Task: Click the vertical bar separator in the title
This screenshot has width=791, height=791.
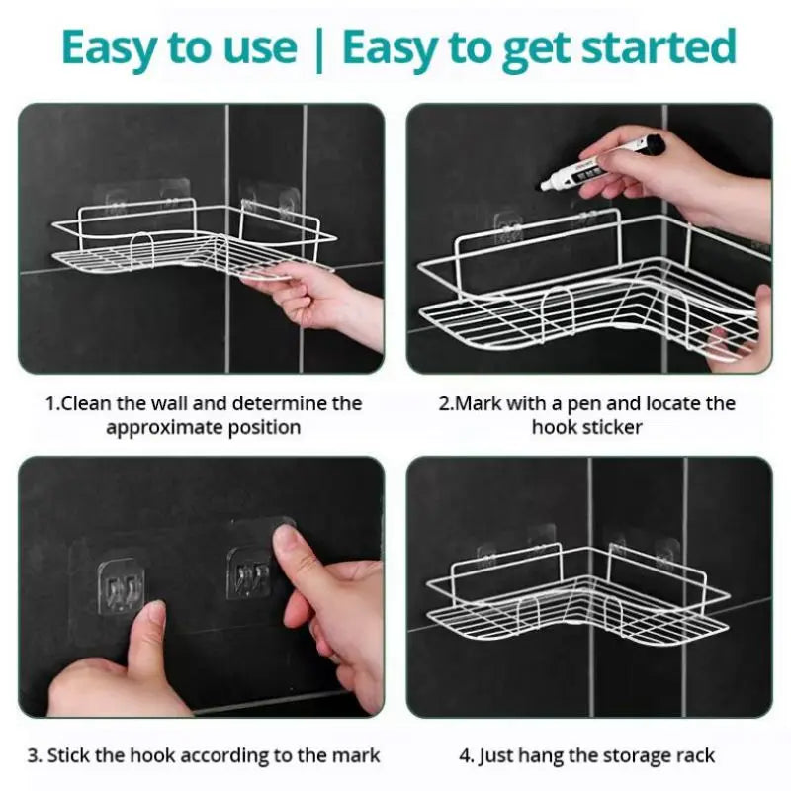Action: point(318,48)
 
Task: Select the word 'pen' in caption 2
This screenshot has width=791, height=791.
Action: point(621,403)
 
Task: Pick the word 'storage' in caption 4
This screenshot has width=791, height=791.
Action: point(628,755)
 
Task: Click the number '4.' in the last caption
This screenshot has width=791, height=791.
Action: point(467,755)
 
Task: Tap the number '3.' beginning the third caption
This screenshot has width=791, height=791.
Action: point(35,755)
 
